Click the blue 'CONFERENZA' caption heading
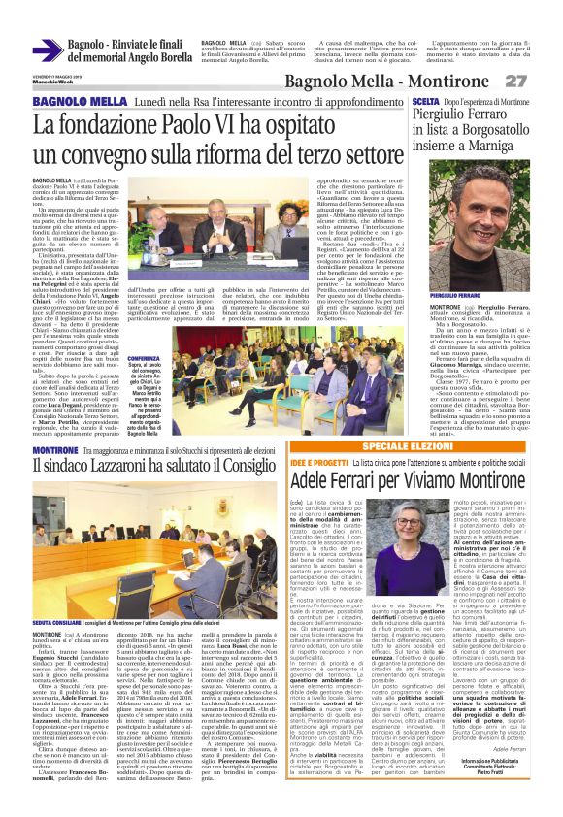coord(144,357)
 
